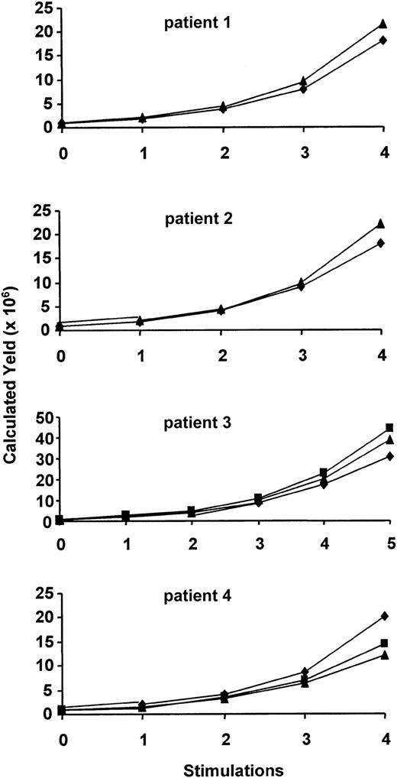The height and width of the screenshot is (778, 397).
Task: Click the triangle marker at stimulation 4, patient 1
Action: (382, 24)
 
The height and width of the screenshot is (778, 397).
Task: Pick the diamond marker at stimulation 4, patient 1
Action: (382, 41)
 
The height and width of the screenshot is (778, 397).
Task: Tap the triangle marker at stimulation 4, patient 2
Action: (382, 224)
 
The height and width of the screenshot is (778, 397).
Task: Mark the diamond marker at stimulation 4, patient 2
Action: (382, 244)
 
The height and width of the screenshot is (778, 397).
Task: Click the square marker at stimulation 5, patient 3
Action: (389, 427)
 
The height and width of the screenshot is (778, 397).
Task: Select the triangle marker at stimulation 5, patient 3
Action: (389, 439)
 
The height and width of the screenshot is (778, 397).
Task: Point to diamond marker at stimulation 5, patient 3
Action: (389, 456)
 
